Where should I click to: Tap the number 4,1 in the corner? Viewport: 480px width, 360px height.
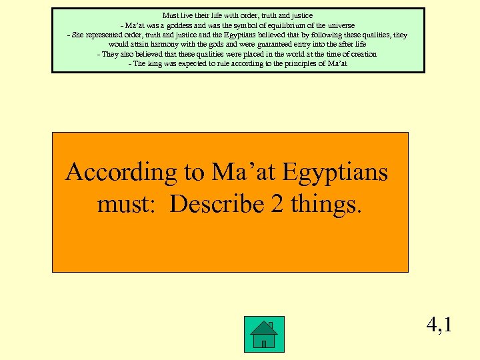click(x=439, y=325)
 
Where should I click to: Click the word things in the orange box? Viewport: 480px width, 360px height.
click(x=326, y=203)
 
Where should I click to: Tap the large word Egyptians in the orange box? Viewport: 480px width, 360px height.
click(x=335, y=173)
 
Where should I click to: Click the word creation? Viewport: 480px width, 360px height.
click(x=361, y=54)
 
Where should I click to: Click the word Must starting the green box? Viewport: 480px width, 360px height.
click(x=171, y=15)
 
